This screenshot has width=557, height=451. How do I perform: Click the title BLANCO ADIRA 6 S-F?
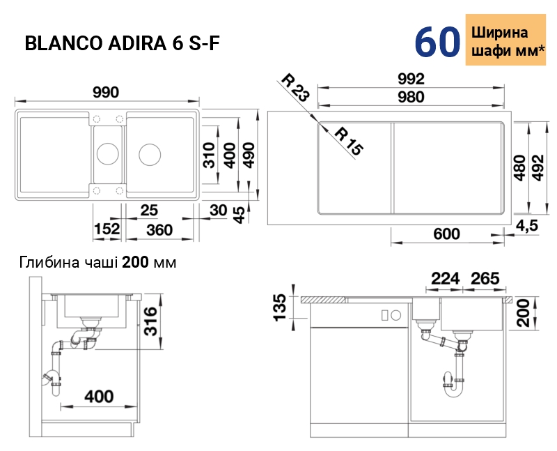(123, 43)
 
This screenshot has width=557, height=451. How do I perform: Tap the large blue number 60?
(437, 42)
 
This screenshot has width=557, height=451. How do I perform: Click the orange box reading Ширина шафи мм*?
(505, 40)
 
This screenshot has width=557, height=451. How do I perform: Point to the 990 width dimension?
(106, 93)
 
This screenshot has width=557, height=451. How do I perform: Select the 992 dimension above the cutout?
(411, 79)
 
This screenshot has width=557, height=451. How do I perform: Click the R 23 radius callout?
(295, 87)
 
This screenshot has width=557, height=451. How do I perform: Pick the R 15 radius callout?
(350, 142)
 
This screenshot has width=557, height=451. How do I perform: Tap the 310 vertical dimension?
(210, 155)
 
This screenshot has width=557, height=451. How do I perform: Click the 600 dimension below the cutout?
(446, 234)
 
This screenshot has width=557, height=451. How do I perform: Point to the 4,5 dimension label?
(527, 226)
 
